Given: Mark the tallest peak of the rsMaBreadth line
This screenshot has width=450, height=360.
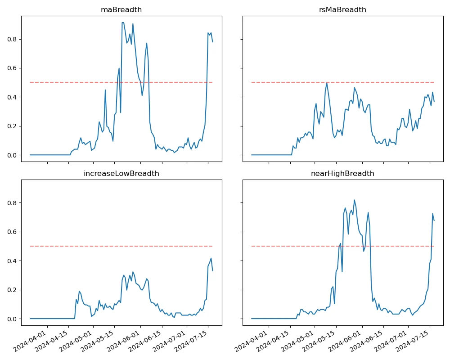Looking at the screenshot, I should [x=327, y=82].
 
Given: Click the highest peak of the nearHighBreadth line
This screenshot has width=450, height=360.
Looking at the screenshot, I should [x=354, y=200].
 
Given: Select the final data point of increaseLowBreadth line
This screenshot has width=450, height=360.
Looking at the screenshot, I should [x=212, y=270].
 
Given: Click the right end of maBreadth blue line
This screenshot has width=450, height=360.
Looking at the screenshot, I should [x=212, y=42].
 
